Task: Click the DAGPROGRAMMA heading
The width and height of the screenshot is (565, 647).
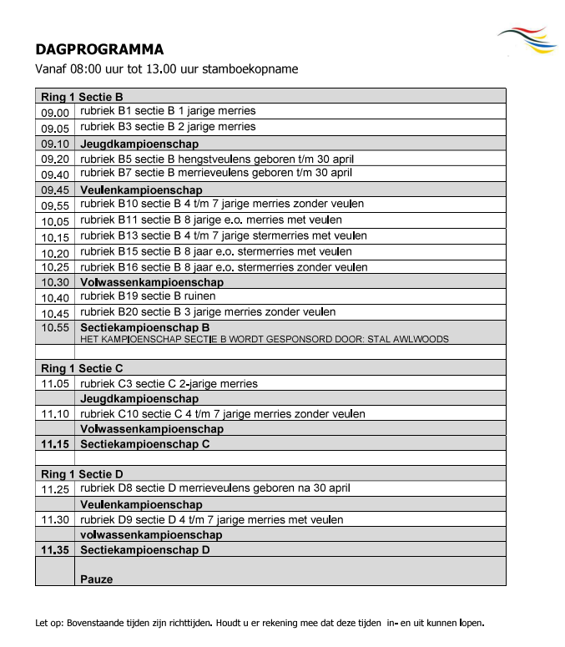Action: click(99, 49)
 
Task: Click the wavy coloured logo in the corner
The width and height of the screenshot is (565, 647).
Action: click(528, 40)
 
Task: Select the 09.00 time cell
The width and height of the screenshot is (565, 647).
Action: click(55, 112)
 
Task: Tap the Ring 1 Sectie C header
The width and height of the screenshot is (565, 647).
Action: click(82, 368)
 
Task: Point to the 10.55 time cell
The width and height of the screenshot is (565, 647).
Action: click(55, 328)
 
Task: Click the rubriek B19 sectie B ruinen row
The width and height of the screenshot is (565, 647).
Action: click(148, 296)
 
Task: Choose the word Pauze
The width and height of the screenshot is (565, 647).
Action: click(96, 579)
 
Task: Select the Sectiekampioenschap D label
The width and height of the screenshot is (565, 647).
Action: click(144, 550)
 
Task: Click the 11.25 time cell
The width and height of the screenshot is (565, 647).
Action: click(55, 489)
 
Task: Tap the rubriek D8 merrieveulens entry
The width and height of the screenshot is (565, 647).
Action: click(214, 488)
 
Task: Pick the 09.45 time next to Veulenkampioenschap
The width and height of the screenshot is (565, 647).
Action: click(55, 190)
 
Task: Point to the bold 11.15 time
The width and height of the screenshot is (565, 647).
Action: click(55, 444)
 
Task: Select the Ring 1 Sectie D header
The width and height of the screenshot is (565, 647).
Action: click(82, 474)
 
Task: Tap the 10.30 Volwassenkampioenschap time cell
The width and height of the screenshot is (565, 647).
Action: click(55, 283)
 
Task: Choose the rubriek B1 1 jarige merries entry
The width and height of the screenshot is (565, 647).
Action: click(168, 111)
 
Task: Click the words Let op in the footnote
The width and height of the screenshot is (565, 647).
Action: click(48, 623)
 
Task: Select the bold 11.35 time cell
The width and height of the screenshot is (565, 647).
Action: click(55, 550)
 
